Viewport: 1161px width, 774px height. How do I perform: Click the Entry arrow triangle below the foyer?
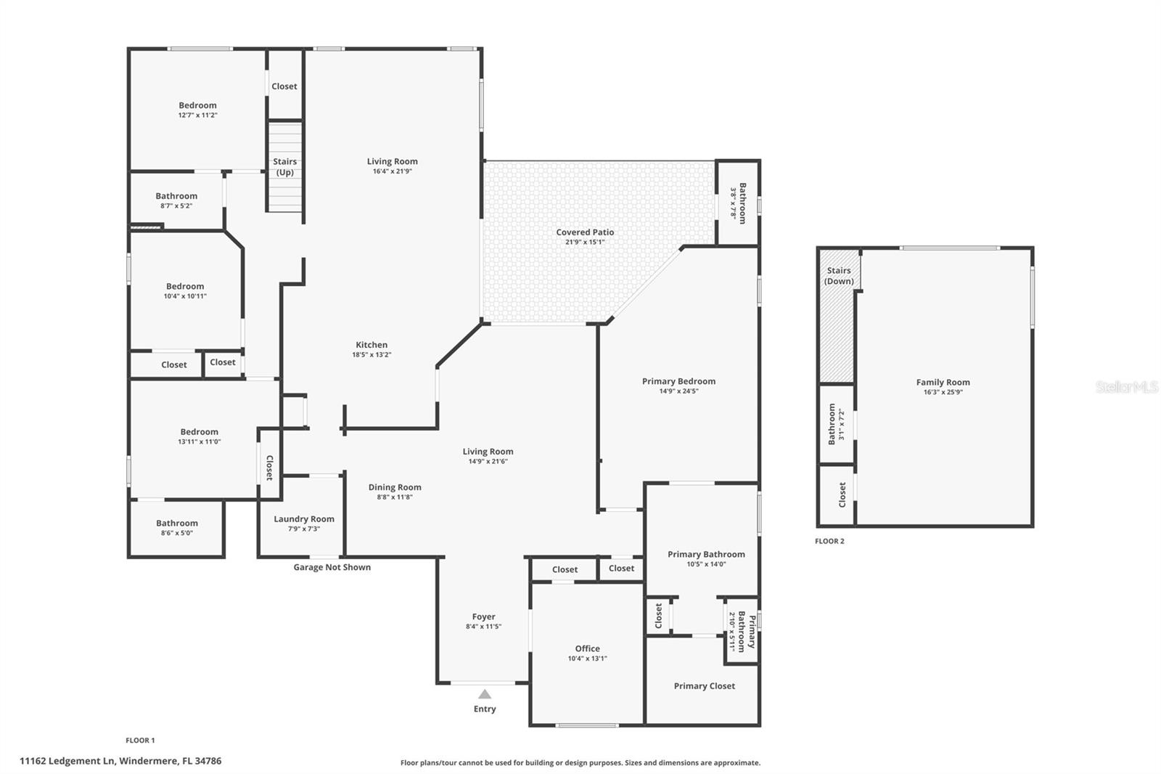(x=485, y=694)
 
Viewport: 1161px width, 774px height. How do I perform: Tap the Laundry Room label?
(x=304, y=519)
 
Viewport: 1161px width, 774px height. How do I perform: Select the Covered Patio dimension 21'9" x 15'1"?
(x=585, y=243)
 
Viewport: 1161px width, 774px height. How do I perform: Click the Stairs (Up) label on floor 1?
(x=284, y=167)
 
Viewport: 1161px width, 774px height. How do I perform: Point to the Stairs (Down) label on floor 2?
(x=839, y=276)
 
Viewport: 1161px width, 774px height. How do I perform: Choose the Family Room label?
(x=943, y=383)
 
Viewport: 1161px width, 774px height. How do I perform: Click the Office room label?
(x=587, y=649)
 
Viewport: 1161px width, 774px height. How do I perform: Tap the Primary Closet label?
(x=704, y=686)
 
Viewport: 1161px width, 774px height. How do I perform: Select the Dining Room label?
(x=395, y=488)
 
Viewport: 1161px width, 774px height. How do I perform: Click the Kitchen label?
(x=372, y=345)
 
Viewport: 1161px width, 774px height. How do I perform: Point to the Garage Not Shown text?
(x=332, y=568)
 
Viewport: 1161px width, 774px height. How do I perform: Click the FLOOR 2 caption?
(x=829, y=542)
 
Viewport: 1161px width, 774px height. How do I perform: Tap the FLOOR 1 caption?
(x=140, y=741)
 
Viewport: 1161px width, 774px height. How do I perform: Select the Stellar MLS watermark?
(x=1126, y=387)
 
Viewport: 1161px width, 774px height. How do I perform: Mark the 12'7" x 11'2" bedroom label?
(x=197, y=106)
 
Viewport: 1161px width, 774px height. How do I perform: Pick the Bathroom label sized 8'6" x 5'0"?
(x=177, y=524)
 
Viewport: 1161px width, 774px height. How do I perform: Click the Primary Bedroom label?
(x=678, y=381)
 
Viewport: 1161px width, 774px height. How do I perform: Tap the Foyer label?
(x=483, y=617)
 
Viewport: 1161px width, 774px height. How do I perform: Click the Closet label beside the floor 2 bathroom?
(x=842, y=495)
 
